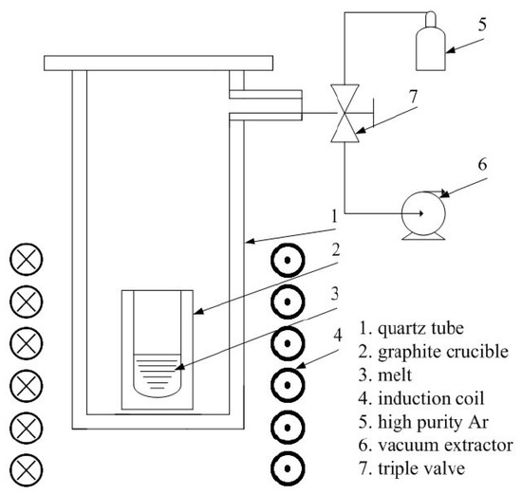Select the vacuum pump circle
point(402,213)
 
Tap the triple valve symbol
point(345,113)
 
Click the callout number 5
point(482,25)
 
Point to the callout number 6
point(483,164)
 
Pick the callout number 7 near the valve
point(413,97)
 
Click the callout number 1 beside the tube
point(335,216)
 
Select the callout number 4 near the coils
point(338,335)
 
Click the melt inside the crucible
point(158,375)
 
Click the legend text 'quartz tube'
point(420,329)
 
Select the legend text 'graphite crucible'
point(443,352)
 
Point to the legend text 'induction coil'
point(431,398)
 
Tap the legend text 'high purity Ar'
point(433,423)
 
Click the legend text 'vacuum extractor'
point(445,446)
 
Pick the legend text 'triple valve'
point(421,469)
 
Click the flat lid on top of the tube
point(158,64)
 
